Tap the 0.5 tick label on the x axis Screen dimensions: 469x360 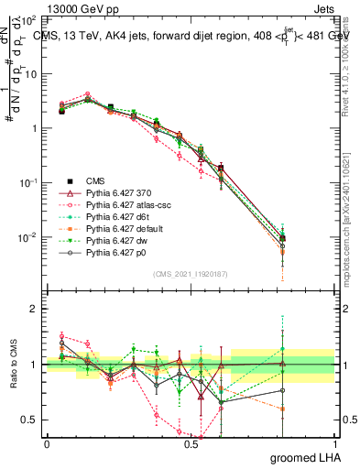(191, 444)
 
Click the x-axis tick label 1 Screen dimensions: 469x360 (334, 444)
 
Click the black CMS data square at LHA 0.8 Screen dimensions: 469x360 (283, 238)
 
